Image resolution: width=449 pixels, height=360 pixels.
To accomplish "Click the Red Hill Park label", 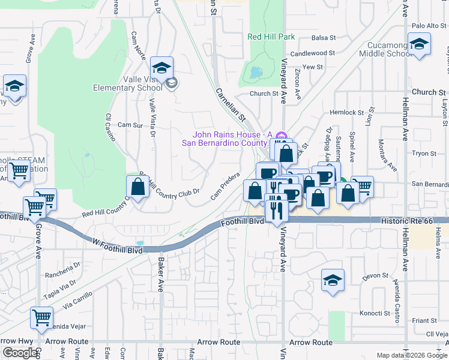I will click(271, 37).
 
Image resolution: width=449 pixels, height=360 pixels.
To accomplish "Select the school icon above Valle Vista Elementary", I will click(162, 68).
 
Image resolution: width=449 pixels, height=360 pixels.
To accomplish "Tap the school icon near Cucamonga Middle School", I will click(419, 44).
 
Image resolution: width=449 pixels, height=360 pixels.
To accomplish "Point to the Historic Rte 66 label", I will click(406, 221).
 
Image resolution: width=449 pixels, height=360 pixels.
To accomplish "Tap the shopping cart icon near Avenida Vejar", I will click(41, 318).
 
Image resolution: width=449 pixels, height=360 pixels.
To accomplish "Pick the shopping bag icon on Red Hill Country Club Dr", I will click(138, 187).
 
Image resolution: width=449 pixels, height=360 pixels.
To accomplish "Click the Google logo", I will click(20, 353).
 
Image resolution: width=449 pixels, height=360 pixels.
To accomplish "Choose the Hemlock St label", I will click(344, 112).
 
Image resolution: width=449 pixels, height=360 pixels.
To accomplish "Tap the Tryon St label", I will click(424, 154).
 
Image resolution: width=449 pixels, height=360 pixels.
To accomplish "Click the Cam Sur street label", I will click(130, 125).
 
